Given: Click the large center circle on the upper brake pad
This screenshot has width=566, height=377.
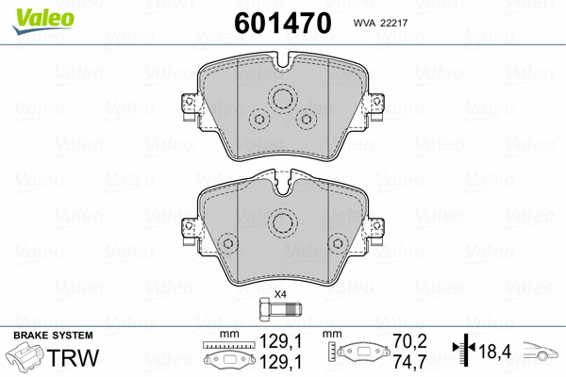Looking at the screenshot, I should pos(282,100).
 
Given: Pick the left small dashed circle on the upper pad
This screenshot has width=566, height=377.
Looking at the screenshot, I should pos(259,120).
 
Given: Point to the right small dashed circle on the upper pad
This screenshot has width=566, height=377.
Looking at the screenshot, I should pos(305,120).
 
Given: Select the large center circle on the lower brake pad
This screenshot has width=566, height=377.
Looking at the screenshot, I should pos(282,222).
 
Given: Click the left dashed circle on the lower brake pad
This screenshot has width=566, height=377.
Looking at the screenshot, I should pos(227,244).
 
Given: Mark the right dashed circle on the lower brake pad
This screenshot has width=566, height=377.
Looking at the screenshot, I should pos(337,244).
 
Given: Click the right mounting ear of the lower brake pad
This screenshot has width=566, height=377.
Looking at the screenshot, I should pos(378,228).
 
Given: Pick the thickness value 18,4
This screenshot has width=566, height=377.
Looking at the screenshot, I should pos(497,352).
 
